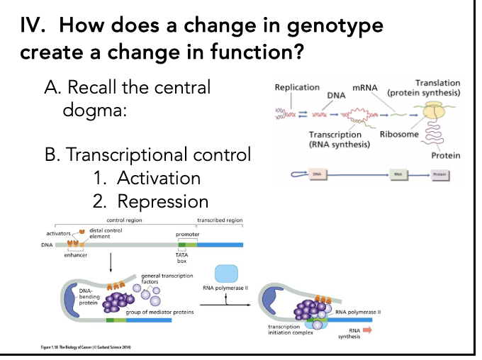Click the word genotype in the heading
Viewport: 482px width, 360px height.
335,26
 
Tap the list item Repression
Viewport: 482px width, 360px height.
162,201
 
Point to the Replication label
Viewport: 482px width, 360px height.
296,87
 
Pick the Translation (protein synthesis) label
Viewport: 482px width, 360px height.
424,88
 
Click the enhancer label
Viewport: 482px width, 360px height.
76,255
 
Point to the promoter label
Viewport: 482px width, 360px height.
187,233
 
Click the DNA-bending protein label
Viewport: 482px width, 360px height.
89,297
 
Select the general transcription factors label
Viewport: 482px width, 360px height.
162,279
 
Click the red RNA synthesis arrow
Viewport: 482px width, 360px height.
367,330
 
